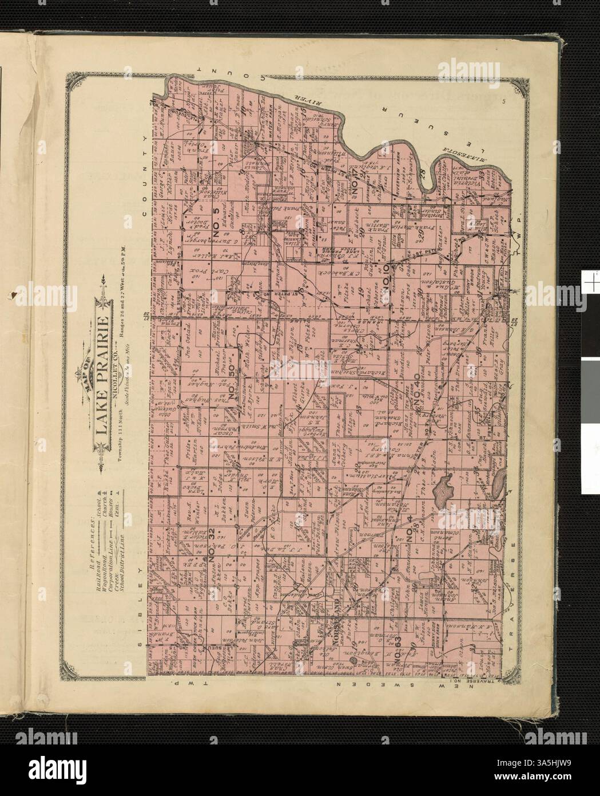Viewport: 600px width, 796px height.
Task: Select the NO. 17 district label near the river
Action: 360,182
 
